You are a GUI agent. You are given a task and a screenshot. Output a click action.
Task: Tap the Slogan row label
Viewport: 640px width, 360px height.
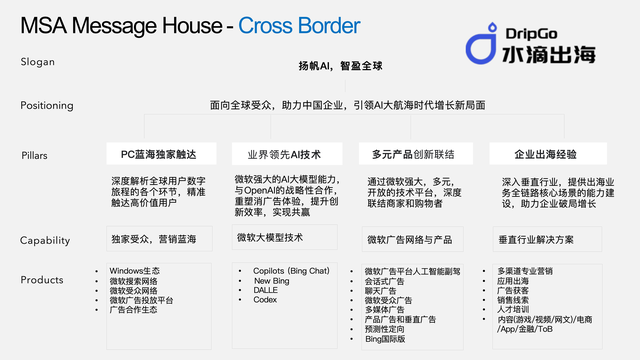click(39, 62)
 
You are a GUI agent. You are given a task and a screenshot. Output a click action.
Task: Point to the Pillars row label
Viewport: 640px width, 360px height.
click(35, 156)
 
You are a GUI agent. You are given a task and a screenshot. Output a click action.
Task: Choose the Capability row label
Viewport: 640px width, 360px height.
click(45, 240)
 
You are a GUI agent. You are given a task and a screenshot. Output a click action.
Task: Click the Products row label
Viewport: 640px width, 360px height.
click(42, 281)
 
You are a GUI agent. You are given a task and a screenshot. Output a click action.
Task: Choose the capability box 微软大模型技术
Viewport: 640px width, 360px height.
click(270, 238)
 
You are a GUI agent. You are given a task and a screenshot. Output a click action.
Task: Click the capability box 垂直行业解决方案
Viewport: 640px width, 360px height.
click(535, 239)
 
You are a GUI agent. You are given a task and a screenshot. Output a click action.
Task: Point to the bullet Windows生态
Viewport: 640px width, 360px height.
click(136, 270)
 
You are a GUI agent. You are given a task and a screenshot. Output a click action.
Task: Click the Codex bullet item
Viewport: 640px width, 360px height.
click(265, 300)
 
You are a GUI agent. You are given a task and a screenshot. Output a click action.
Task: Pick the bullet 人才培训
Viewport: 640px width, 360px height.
click(516, 310)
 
